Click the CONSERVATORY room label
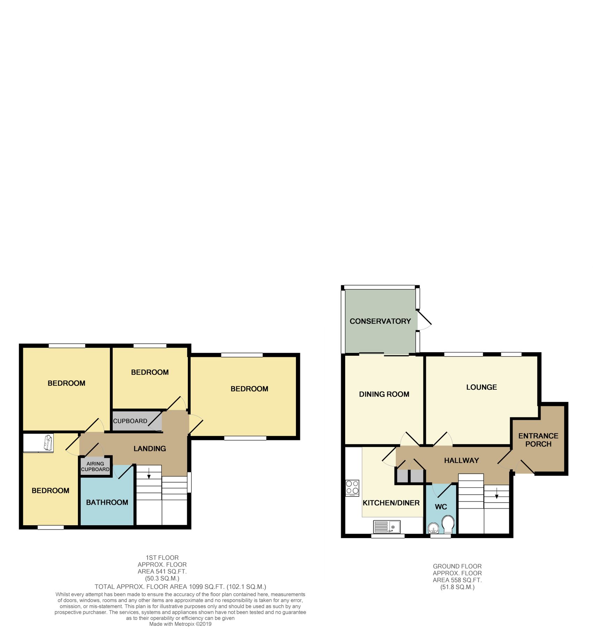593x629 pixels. click(380, 321)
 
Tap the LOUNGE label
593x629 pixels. click(481, 387)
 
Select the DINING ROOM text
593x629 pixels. click(384, 394)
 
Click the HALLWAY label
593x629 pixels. click(461, 461)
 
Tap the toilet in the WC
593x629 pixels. click(447, 525)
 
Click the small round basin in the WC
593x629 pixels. click(433, 527)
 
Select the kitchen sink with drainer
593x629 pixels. click(387, 527)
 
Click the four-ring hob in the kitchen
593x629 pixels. click(352, 488)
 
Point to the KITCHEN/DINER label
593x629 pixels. click(391, 503)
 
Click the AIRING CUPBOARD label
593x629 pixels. click(95, 467)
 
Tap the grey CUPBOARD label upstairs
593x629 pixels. click(130, 421)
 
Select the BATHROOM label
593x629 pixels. click(107, 503)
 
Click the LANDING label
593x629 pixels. click(150, 449)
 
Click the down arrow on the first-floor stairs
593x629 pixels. click(149, 473)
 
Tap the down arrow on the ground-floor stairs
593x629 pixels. click(497, 493)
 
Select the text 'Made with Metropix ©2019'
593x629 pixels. click(180, 624)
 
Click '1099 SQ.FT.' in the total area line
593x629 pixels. click(206, 587)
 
